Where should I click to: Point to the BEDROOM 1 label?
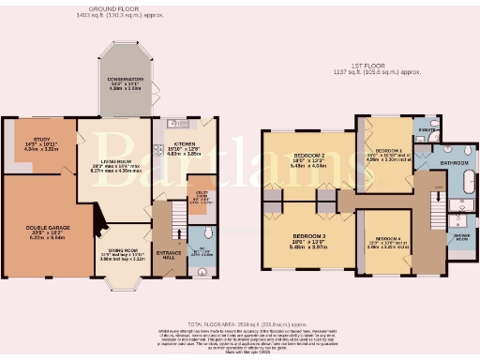coord(388,150)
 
